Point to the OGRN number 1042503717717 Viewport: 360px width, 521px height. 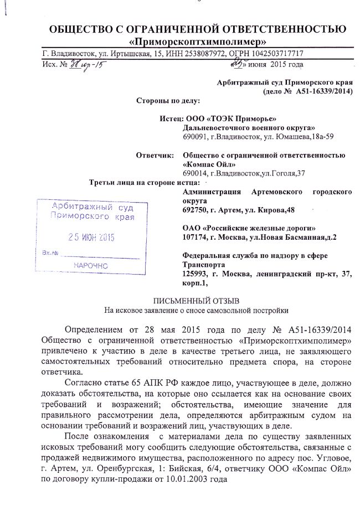276,54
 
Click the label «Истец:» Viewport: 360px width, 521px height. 170,118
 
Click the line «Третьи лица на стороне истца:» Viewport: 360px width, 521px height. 145,183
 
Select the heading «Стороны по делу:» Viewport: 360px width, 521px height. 164,101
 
